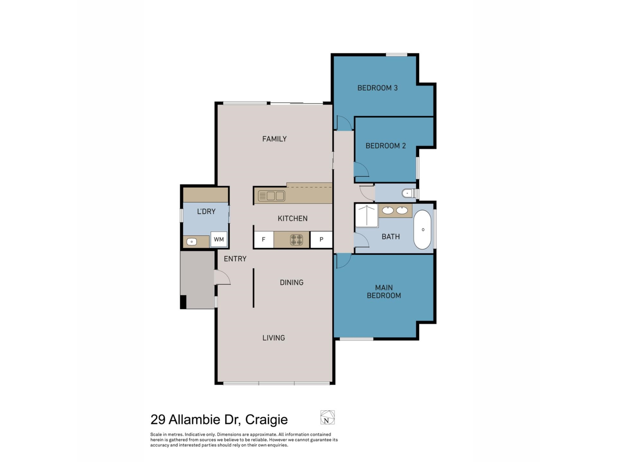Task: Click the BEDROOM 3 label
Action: tap(377, 88)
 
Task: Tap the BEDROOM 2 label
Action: tap(385, 146)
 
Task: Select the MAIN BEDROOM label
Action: tap(384, 291)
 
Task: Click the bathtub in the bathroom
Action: tap(423, 230)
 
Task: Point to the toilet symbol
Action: tap(407, 193)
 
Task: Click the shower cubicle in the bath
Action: tap(366, 215)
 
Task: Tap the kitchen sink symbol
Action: tap(272, 196)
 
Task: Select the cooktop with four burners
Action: tap(296, 240)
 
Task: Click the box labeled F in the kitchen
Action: tap(264, 239)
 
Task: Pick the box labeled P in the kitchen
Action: tap(321, 239)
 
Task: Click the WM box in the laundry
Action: tap(219, 239)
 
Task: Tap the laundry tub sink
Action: tap(192, 242)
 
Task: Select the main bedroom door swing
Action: tap(343, 261)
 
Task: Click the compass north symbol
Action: tap(327, 417)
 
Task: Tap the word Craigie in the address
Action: tap(266, 419)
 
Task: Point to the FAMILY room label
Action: tap(274, 139)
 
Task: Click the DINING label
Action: tap(291, 282)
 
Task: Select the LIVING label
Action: tap(273, 338)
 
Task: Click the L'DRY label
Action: tap(206, 211)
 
